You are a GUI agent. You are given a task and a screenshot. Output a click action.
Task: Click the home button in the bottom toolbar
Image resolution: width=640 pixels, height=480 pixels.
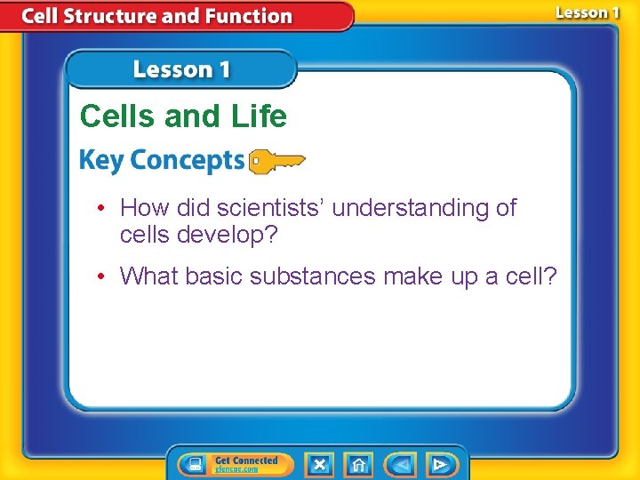(359, 464)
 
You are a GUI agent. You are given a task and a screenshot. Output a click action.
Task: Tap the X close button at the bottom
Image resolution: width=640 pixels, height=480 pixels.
(319, 464)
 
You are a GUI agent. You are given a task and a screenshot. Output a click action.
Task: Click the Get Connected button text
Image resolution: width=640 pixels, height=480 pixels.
(246, 460)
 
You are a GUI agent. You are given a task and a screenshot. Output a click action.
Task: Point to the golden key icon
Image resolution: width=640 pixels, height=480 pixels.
(276, 161)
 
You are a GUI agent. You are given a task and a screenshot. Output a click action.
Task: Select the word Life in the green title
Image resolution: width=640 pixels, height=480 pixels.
(258, 116)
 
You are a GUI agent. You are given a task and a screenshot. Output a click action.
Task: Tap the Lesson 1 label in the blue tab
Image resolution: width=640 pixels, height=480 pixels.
(181, 70)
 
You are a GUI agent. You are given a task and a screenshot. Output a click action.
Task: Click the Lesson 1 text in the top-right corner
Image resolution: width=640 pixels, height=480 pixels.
(587, 12)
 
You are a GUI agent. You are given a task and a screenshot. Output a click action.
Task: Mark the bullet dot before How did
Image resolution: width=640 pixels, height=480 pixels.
(104, 209)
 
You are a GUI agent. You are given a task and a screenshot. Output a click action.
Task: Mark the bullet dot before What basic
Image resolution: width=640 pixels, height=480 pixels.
(104, 277)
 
